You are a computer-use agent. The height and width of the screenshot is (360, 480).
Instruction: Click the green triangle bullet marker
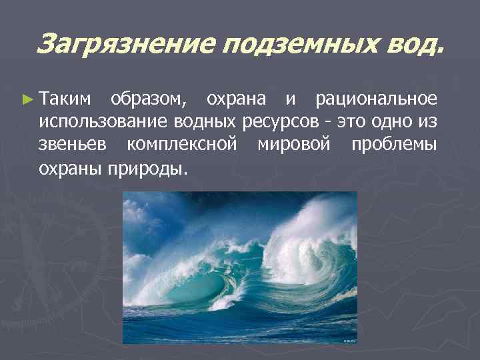coord(27,99)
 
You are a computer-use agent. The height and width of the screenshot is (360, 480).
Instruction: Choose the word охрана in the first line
coord(236,99)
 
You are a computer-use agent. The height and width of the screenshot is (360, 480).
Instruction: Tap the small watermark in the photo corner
coord(349,340)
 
